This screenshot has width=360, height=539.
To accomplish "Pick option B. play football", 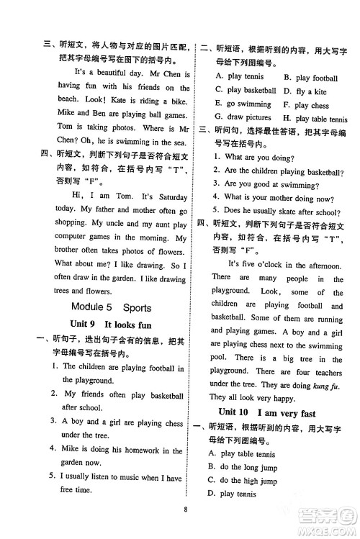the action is (x=310, y=78).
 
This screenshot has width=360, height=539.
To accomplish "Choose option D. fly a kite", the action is (x=305, y=91).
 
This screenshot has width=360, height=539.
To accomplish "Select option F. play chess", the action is (x=306, y=106).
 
